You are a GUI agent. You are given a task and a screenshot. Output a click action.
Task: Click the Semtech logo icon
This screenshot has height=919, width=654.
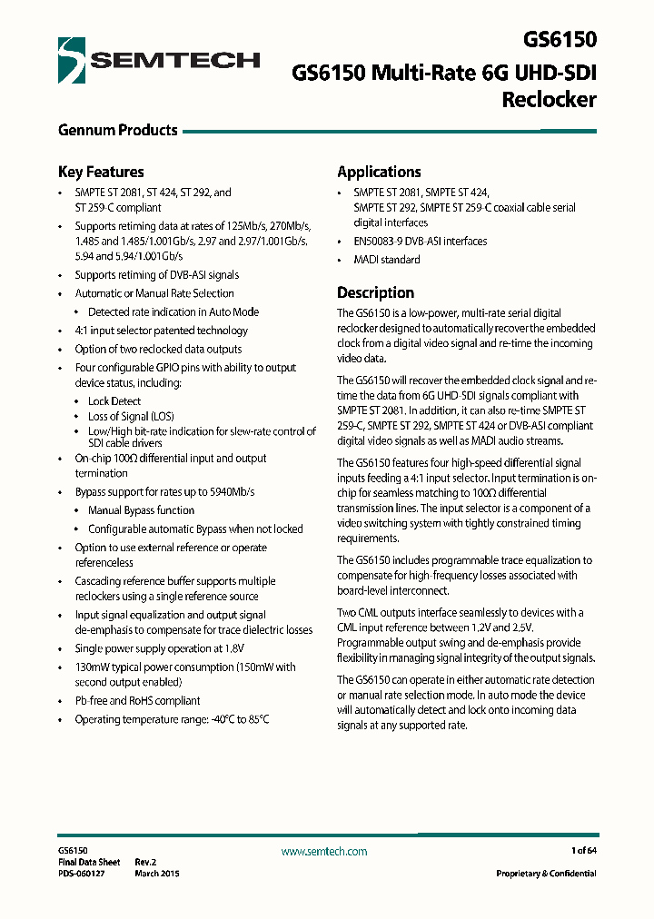pos(72,61)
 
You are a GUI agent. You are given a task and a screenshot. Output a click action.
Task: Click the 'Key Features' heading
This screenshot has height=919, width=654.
pos(101,172)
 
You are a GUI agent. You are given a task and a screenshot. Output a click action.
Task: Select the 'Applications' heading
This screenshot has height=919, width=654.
pos(379,172)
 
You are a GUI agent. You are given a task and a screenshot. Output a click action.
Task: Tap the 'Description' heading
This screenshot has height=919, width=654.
pos(375,292)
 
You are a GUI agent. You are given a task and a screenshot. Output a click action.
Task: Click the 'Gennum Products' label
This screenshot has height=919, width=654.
pos(117,130)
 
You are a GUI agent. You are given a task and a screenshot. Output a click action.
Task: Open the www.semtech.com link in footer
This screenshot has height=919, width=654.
pos(324,851)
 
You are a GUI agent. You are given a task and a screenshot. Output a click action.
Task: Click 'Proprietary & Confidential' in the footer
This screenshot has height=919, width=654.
pos(546,873)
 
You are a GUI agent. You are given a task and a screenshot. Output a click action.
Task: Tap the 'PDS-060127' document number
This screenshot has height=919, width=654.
pos(82,873)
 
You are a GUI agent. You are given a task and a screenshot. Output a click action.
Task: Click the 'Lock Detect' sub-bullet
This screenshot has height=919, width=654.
pos(114,400)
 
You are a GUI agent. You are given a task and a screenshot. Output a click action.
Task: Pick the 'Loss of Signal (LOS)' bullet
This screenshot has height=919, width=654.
pos(131,416)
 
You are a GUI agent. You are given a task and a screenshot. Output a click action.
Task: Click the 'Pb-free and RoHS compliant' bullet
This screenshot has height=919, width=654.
pos(137,700)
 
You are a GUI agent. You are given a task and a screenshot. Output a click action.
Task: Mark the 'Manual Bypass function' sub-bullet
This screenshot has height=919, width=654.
pos(141,510)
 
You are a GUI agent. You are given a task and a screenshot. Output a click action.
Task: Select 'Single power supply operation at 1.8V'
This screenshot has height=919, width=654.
pos(159,648)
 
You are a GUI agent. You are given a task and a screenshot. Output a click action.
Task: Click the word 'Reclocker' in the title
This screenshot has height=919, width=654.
pos(549,99)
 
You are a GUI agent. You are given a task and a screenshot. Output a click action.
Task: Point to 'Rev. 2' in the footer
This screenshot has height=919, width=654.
pos(146,862)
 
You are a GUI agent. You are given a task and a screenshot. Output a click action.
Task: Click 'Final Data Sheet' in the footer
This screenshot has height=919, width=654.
pos(89,862)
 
